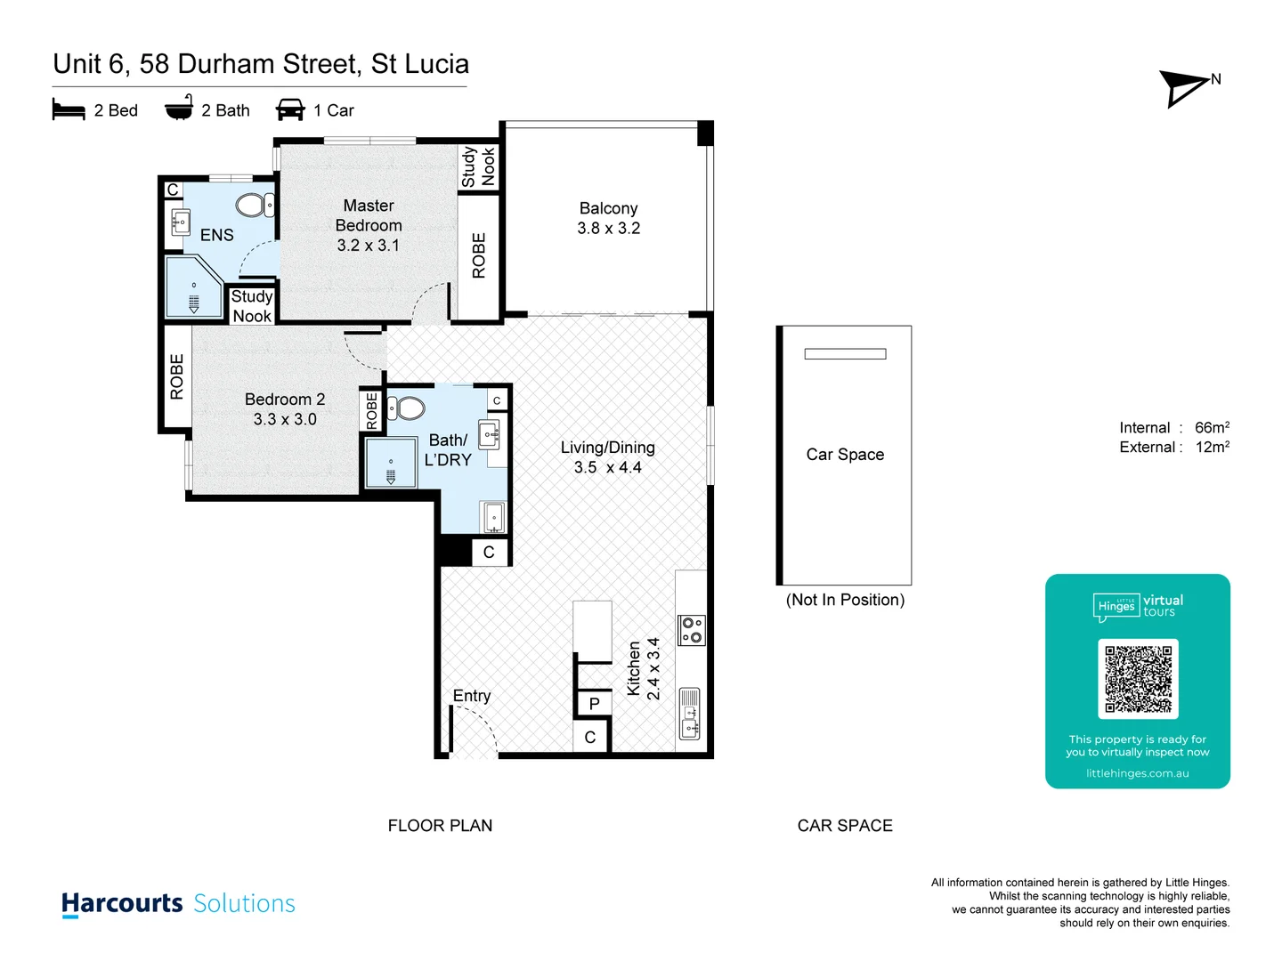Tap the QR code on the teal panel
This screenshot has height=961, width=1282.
coord(1138,678)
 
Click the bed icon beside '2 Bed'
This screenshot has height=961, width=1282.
coord(69,110)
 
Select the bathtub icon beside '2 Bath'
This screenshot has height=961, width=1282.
coord(179,108)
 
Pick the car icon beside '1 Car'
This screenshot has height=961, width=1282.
coord(290,110)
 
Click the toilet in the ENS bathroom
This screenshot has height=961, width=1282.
coord(255,206)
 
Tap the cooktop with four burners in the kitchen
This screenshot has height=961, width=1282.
coord(692,630)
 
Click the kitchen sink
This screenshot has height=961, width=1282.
coord(690,714)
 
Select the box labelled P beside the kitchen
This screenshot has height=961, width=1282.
coord(594,704)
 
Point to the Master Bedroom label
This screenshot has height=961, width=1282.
coord(369,215)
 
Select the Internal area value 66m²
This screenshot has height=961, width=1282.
coord(1212,428)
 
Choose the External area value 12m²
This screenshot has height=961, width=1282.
coord(1212,448)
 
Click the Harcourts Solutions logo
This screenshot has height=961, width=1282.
coord(178,903)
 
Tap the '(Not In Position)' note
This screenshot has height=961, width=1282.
coord(845,601)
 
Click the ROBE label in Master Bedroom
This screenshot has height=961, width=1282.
coord(479,256)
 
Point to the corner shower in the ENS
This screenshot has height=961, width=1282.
coord(193,287)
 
